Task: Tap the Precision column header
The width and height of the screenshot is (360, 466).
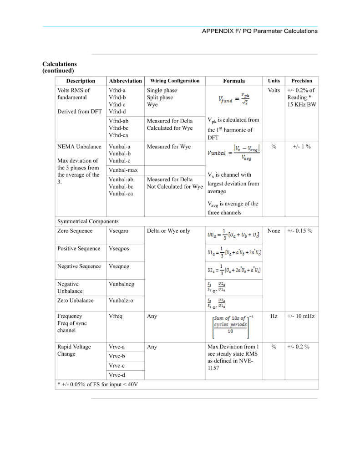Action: (x=302, y=81)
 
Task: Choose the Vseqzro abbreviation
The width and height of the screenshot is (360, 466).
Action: (x=119, y=231)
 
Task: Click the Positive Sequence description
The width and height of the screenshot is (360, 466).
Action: (x=79, y=249)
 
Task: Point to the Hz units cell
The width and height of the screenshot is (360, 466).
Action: (x=274, y=316)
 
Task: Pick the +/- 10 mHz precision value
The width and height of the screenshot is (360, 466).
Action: (x=301, y=316)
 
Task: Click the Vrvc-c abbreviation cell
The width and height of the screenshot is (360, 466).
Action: (x=117, y=365)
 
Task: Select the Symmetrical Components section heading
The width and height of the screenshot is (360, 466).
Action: (x=88, y=221)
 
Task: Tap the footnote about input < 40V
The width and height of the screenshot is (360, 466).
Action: (x=97, y=384)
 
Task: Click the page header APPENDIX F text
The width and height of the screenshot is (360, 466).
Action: (x=259, y=31)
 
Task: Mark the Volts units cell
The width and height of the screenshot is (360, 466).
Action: (x=274, y=91)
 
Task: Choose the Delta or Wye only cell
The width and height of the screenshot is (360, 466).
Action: (x=168, y=231)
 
